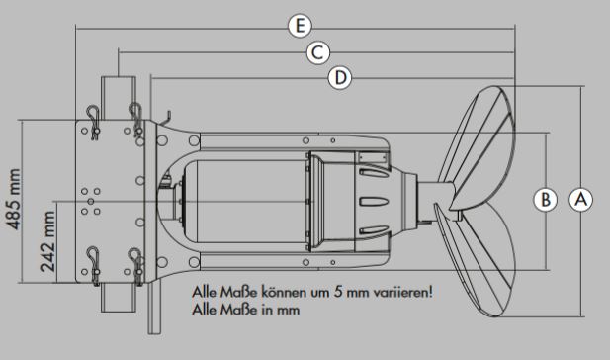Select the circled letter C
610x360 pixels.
click(x=316, y=52)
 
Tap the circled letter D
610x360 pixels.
click(x=339, y=77)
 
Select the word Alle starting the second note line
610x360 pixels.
click(x=207, y=310)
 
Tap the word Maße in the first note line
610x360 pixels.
click(x=239, y=294)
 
